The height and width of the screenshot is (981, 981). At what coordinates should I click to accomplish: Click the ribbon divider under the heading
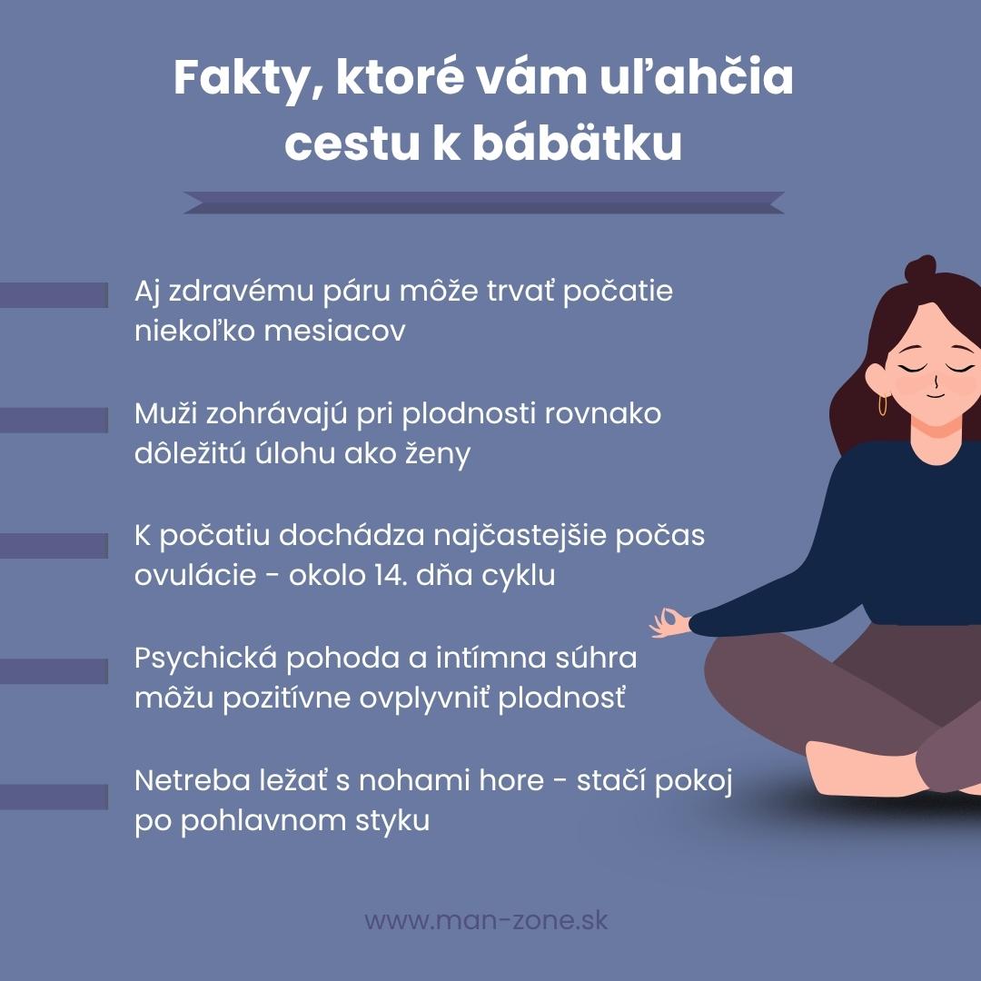pyautogui.click(x=483, y=203)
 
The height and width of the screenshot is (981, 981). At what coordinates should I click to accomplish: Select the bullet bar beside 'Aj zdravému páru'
pyautogui.click(x=53, y=294)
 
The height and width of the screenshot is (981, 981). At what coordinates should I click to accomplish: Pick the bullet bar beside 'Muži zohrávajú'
pyautogui.click(x=53, y=420)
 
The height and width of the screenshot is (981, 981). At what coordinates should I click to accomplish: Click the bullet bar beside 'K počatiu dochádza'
pyautogui.click(x=53, y=545)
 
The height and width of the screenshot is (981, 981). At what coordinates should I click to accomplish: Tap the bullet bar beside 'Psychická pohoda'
pyautogui.click(x=53, y=670)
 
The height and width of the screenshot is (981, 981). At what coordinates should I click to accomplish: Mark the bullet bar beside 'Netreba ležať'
pyautogui.click(x=53, y=797)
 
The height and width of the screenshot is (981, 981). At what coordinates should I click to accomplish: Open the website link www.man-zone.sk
pyautogui.click(x=486, y=919)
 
